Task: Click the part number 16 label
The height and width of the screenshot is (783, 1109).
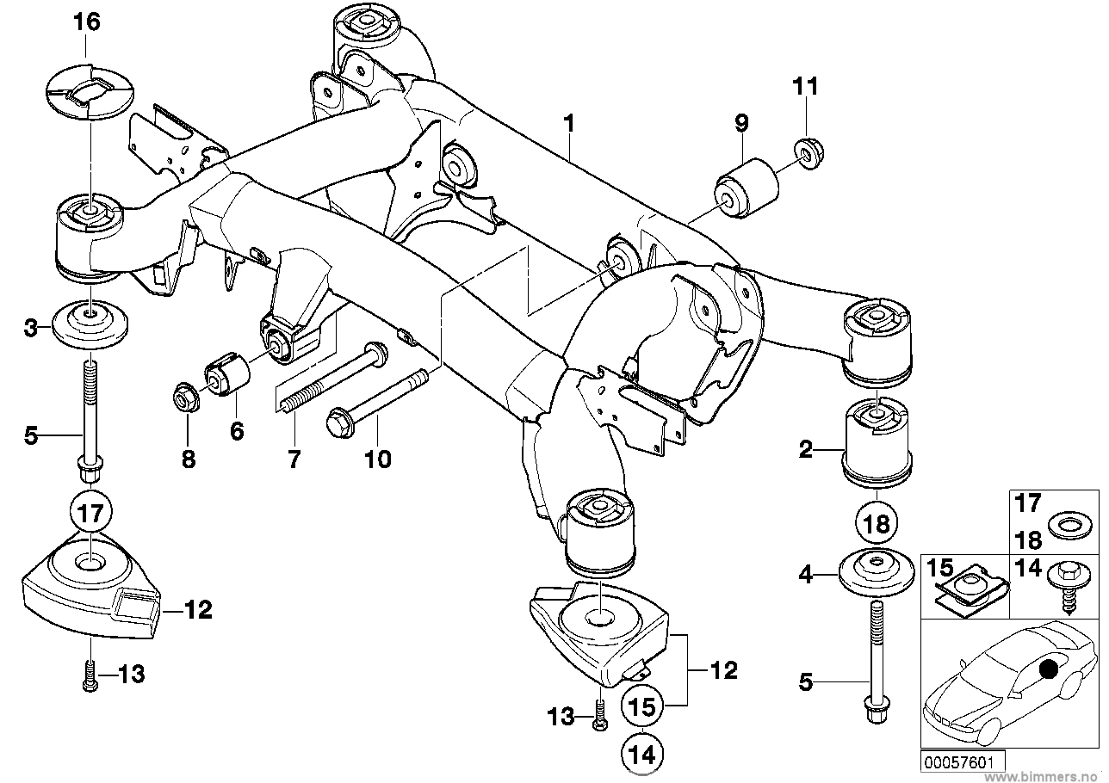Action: click(x=87, y=22)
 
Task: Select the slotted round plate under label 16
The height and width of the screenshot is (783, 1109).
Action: click(x=90, y=91)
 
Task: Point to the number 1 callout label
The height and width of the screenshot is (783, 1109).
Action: click(x=569, y=124)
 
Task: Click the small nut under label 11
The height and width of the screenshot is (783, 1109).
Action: click(x=809, y=154)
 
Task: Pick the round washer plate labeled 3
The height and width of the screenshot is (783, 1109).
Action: click(x=90, y=325)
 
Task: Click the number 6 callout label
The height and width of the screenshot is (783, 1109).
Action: click(x=237, y=431)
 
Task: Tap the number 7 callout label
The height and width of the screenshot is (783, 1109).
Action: click(x=294, y=459)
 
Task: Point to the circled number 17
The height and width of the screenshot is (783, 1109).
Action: click(x=91, y=513)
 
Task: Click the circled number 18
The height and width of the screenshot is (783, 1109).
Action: click(x=877, y=524)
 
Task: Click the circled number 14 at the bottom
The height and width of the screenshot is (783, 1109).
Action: click(x=642, y=755)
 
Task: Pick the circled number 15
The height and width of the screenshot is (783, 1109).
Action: click(x=642, y=706)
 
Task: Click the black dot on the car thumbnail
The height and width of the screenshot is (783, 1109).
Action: click(x=1048, y=669)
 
